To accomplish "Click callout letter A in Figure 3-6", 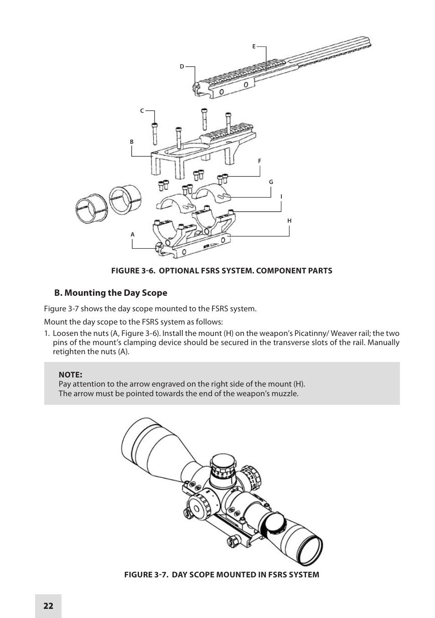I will (x=133, y=235).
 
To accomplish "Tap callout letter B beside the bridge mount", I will (x=132, y=142).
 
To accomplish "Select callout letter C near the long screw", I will (x=142, y=111).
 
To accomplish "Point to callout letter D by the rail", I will (x=181, y=67).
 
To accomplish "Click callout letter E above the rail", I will (x=254, y=46).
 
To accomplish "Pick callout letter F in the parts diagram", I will (x=259, y=161).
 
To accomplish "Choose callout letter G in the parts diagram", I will (x=271, y=182).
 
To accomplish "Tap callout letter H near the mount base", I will (x=289, y=221).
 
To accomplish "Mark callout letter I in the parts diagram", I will (x=281, y=197).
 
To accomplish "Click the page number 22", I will (x=48, y=606).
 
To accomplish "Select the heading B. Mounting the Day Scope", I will (x=111, y=293).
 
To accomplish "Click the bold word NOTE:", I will (x=70, y=375).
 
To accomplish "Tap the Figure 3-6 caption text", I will (x=222, y=271).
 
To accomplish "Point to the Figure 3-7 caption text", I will (x=222, y=575).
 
